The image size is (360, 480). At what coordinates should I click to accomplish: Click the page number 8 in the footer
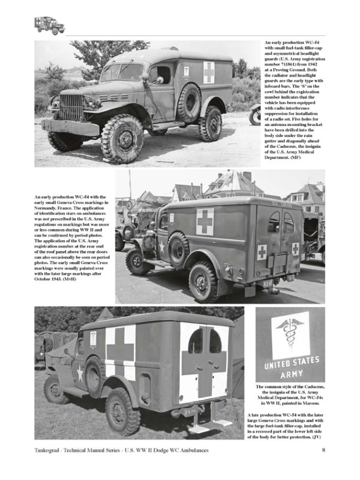coord(323,467)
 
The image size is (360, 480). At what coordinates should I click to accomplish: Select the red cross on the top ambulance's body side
coord(208,72)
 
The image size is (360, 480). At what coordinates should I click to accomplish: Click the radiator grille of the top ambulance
coord(71,107)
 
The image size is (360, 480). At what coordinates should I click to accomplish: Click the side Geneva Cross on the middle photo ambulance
coord(205,221)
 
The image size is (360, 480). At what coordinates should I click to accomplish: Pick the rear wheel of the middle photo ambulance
coord(203,280)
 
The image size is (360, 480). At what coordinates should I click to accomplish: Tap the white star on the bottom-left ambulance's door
coord(79,374)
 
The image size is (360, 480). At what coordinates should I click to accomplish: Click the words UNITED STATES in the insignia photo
coord(290,363)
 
